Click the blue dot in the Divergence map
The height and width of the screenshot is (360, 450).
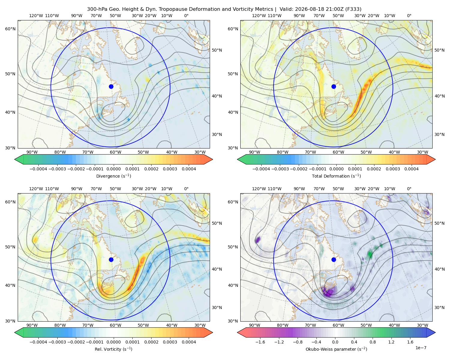coord(111,86)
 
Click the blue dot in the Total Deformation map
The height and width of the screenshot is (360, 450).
coord(334,86)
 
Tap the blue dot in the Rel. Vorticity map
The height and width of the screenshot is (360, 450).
coord(111,259)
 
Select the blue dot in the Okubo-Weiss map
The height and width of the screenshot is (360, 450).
coord(334,259)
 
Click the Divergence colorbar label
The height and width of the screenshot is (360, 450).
coord(113,176)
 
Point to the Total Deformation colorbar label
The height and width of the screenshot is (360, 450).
coord(336,176)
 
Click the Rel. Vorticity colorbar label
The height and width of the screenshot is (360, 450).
coord(113,349)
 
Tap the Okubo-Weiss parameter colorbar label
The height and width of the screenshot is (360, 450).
coord(336,349)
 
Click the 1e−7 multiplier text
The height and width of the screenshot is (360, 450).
coord(421,348)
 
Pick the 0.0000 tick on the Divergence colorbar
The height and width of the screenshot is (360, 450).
coord(113,169)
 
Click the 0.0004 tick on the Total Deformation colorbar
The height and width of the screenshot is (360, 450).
coord(411,169)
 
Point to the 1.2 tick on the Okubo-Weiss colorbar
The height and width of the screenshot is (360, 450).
coord(391,342)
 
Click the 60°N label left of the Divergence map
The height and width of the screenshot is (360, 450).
coord(10,29)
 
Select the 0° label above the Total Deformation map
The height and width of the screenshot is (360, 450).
coord(409,16)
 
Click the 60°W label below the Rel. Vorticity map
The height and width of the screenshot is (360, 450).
coord(115,325)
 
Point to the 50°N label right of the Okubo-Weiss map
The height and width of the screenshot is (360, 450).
coord(439,223)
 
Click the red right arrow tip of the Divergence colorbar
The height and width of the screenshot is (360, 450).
coord(213,159)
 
